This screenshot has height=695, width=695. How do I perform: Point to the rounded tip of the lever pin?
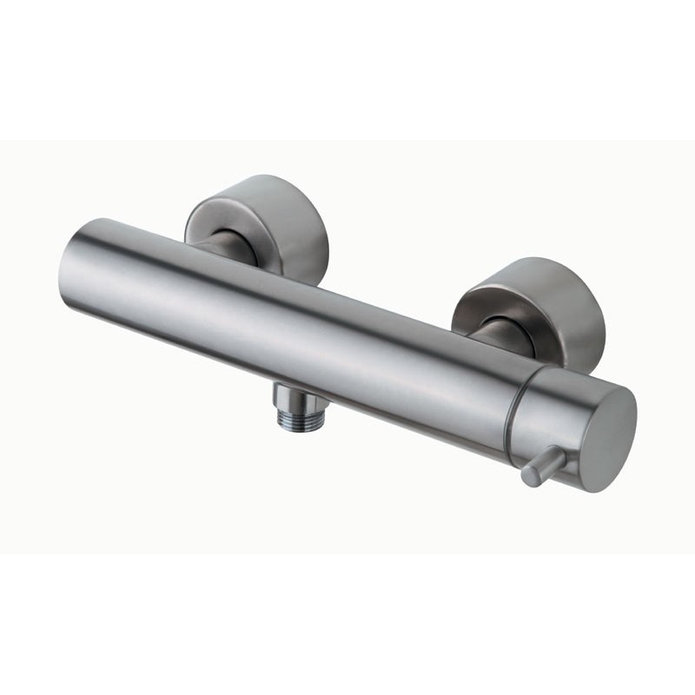point(528,477)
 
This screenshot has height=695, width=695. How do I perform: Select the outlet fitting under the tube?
point(295,404)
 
